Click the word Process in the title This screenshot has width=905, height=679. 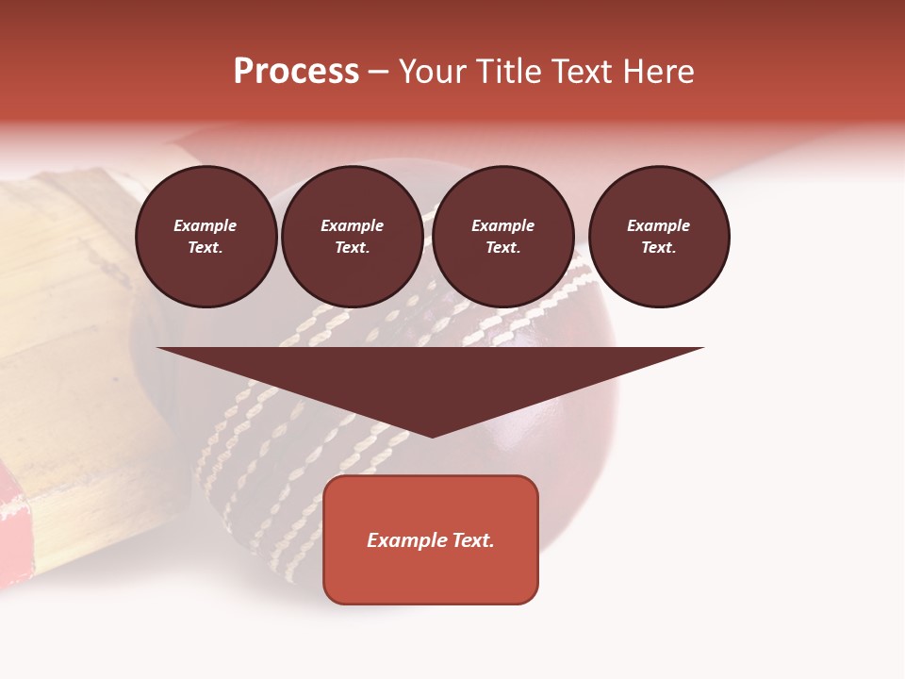(296, 72)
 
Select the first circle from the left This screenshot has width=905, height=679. (206, 237)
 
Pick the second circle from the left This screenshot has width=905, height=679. (353, 237)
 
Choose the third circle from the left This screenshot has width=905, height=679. (503, 237)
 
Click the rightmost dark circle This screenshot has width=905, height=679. (659, 237)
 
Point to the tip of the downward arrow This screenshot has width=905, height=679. (432, 435)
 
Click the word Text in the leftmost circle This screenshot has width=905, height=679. (205, 248)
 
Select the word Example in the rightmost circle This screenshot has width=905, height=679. (659, 225)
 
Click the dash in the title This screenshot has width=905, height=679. (378, 73)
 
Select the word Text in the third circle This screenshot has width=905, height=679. (502, 248)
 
